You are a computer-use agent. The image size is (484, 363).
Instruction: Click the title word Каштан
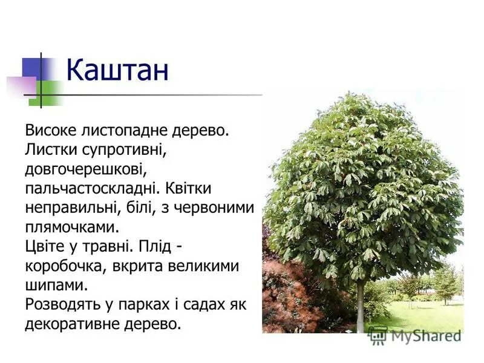tap(117, 70)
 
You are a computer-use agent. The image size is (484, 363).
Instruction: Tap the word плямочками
tap(69, 227)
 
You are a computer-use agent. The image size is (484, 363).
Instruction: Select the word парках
tap(139, 304)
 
